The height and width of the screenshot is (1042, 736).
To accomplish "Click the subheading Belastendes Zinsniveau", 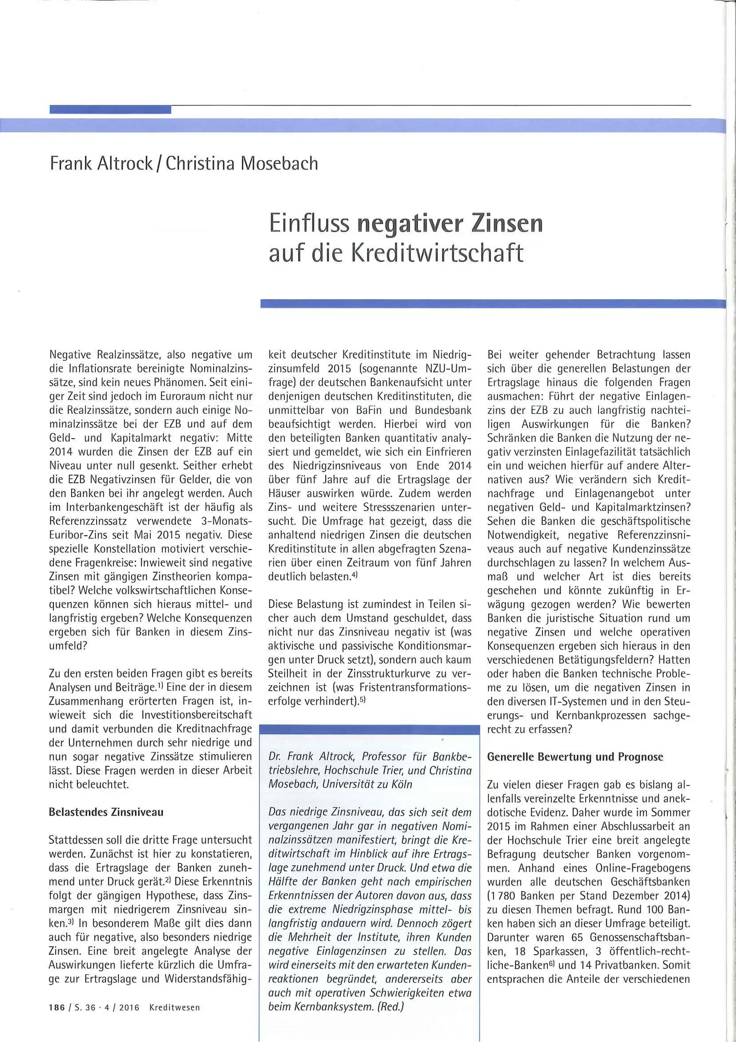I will pos(106,812).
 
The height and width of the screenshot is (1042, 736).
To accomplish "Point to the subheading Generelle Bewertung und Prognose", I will pos(575,757).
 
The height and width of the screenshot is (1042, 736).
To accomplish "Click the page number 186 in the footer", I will pos(57,1007).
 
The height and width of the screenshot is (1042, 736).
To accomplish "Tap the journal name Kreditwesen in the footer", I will pos(174,1007).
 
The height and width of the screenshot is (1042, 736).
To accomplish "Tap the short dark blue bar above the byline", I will pos(110,110).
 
